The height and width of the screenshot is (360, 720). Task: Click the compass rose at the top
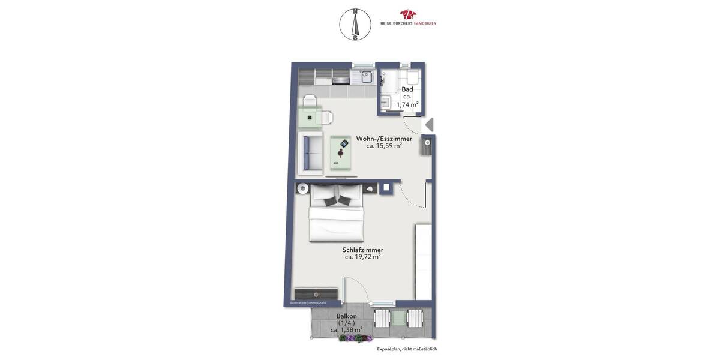(355, 25)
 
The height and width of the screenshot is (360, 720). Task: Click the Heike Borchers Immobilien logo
(408, 17)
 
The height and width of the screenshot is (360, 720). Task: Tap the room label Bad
(407, 89)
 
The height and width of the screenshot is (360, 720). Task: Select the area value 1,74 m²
(407, 104)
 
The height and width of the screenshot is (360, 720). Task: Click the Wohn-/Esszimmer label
(384, 139)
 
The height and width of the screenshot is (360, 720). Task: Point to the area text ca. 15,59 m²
(384, 146)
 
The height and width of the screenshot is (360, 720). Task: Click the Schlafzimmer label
(363, 250)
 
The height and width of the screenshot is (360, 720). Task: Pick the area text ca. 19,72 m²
(363, 257)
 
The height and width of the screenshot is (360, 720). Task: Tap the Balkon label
(347, 316)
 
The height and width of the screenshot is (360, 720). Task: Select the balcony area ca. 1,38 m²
(347, 330)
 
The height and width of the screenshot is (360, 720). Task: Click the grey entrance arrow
(428, 125)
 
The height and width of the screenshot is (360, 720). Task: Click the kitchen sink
(366, 77)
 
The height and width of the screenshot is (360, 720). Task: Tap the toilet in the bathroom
(412, 77)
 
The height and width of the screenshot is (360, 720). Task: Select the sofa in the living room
(310, 153)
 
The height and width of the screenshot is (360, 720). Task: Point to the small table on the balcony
(399, 317)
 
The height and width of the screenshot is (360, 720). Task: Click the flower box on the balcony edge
(356, 338)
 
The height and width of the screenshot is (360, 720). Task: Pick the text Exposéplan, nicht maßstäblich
(407, 349)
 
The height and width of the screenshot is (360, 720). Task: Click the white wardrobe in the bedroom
(424, 262)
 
